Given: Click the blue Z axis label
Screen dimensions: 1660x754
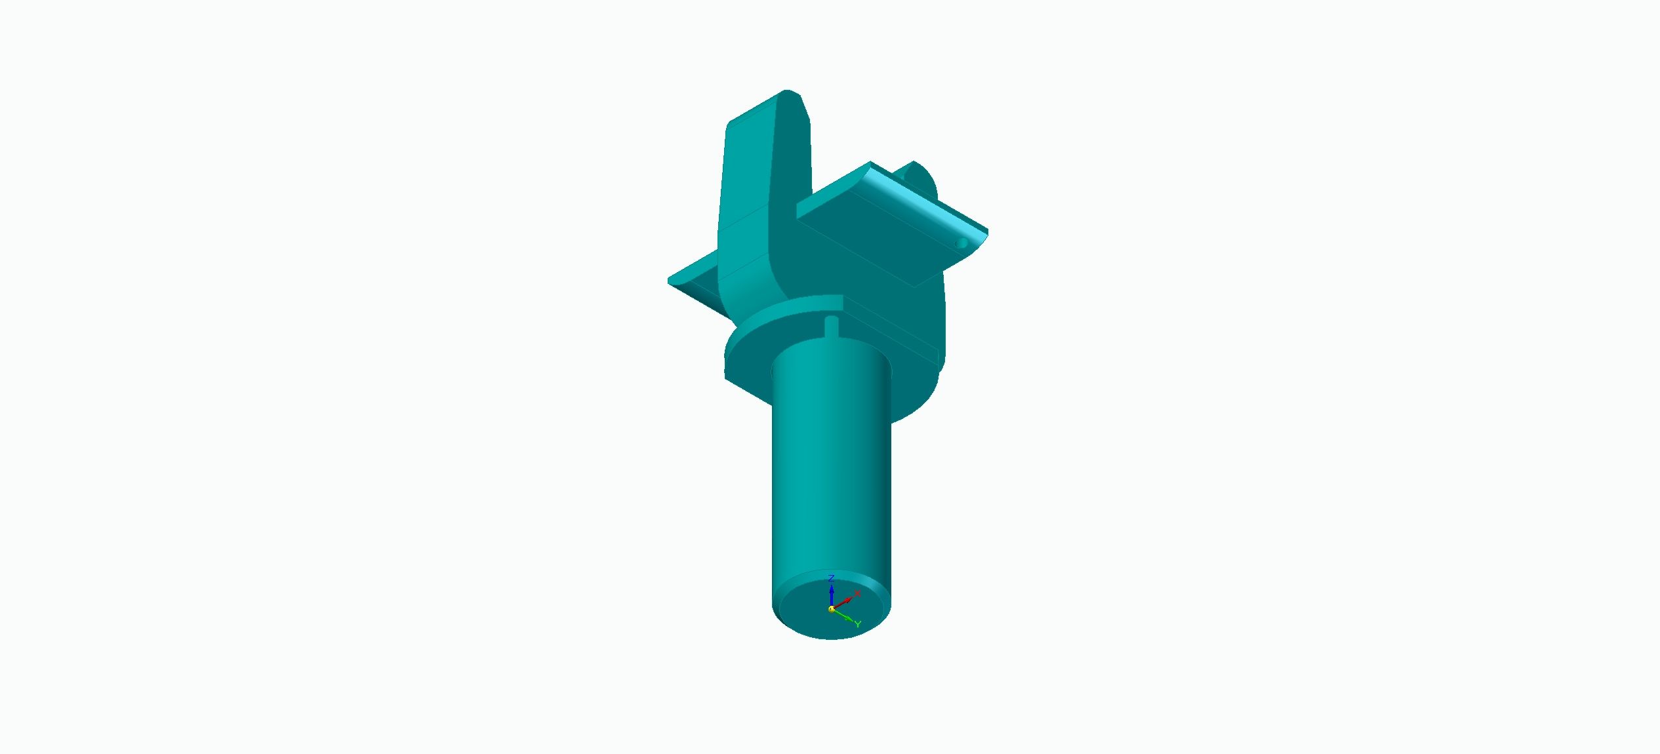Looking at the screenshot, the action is point(831,578).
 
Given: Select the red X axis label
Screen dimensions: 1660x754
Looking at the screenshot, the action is point(857,593).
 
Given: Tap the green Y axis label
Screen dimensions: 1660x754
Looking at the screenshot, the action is point(857,624).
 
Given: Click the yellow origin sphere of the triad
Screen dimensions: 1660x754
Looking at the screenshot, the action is point(832,609).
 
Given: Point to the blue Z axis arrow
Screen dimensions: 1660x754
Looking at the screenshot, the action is point(832,595).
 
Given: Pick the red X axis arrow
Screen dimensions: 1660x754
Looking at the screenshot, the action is point(843,603).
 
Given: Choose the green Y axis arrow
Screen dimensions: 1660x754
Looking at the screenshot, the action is point(843,615).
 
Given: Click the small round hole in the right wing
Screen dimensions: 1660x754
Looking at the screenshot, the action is point(962,243).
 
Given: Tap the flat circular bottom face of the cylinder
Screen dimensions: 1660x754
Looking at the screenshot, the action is point(832,607).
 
